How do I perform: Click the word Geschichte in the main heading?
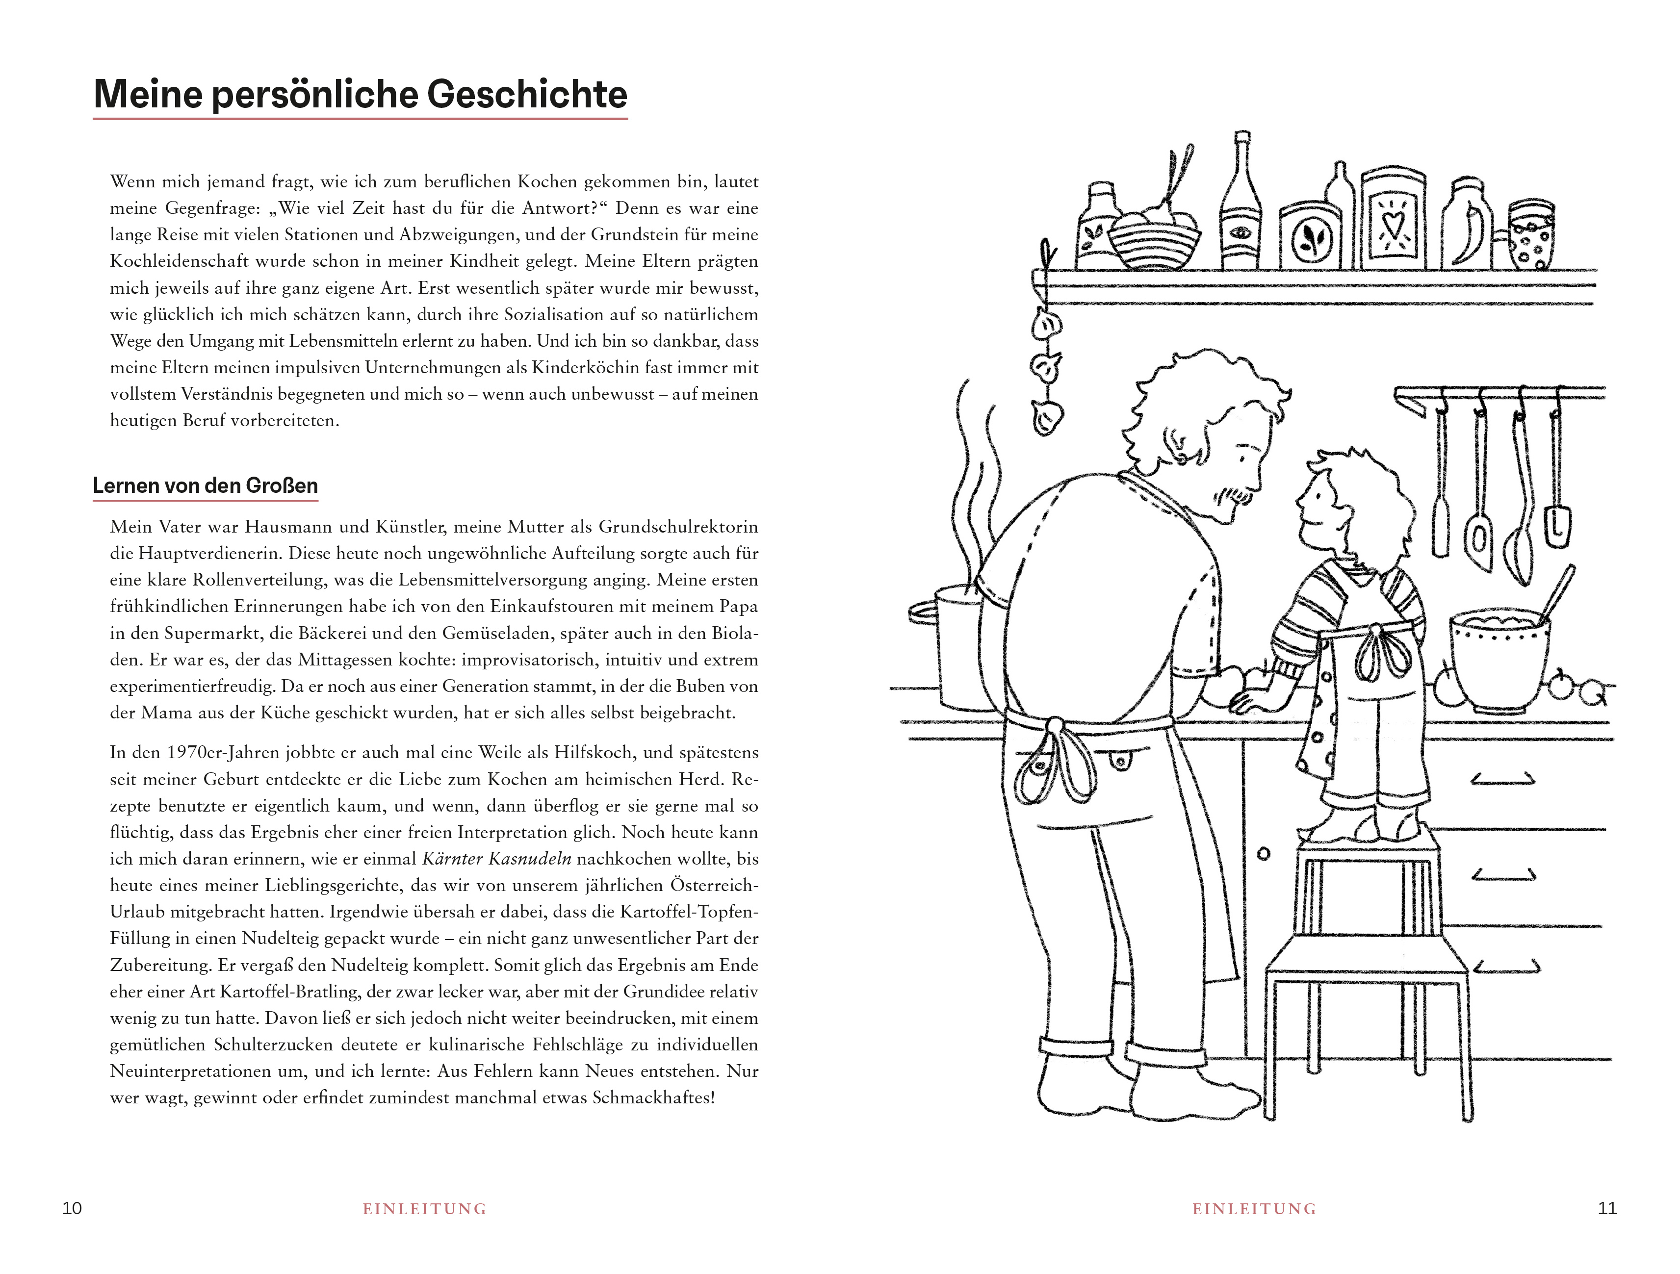tap(526, 95)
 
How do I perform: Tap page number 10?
tap(72, 1208)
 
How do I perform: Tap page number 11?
tap(1607, 1208)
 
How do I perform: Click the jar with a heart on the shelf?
tap(1392, 220)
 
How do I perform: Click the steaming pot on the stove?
tap(949, 645)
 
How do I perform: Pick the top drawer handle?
tap(1502, 780)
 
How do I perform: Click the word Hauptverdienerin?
tap(196, 554)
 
